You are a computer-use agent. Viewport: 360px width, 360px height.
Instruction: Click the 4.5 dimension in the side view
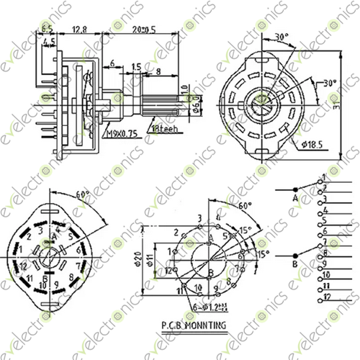coord(49,43)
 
